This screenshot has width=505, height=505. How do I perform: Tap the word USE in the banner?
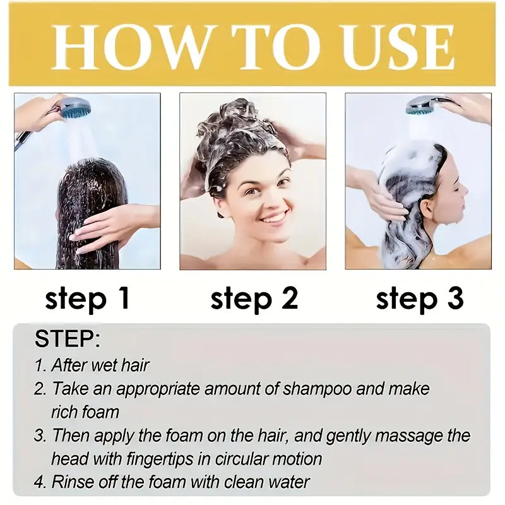coord(398,48)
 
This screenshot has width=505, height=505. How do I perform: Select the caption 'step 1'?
coord(87,298)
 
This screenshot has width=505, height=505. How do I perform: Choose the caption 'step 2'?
coord(254,298)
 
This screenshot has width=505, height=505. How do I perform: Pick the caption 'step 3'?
coord(420,298)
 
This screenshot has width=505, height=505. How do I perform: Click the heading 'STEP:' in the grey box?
coord(68,338)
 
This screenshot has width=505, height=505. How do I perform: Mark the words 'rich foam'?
coord(85,413)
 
